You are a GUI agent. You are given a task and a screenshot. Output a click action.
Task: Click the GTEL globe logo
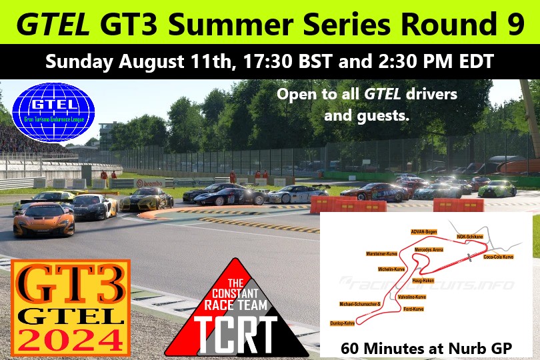[x=54, y=111]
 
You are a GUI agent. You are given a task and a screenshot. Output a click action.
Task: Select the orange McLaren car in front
[x=43, y=219]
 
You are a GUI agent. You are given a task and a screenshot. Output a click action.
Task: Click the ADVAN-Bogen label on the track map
[x=424, y=231]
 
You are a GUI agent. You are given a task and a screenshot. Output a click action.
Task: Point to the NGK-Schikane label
[x=469, y=236]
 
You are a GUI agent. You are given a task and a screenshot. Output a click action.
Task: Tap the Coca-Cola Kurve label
[x=498, y=257]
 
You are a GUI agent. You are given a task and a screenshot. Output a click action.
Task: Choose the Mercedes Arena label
[x=429, y=249]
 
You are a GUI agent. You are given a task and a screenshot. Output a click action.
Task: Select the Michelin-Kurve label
[x=391, y=269]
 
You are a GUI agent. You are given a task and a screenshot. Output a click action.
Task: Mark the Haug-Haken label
[x=423, y=280]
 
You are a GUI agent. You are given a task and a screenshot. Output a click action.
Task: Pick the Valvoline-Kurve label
[x=411, y=296]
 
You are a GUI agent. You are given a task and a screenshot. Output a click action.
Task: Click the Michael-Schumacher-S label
[x=360, y=304]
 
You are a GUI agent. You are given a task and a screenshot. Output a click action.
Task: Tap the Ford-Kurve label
[x=413, y=309]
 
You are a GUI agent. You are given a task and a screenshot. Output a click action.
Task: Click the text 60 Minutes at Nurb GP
[x=426, y=347]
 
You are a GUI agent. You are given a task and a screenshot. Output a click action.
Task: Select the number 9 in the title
[x=514, y=25]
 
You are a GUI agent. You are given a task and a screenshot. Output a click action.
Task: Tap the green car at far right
[x=497, y=189]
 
